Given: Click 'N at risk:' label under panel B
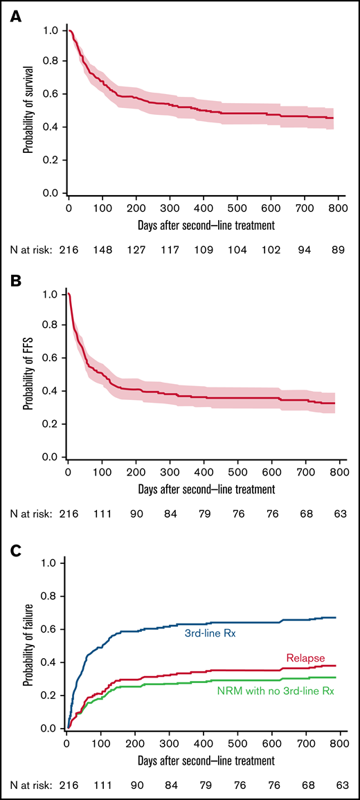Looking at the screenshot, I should [x=28, y=514].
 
